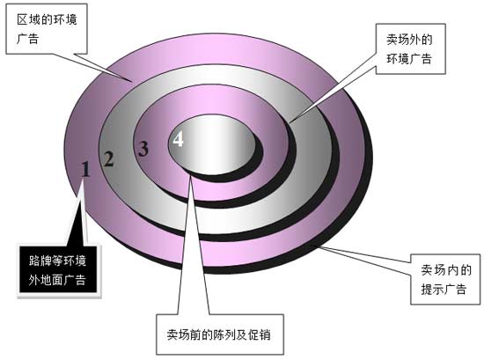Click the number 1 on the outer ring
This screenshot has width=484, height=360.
(86, 169)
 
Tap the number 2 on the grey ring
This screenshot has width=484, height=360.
(108, 159)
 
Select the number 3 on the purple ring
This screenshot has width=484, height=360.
(143, 149)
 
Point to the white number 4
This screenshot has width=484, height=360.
(178, 138)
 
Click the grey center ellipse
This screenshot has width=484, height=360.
(212, 144)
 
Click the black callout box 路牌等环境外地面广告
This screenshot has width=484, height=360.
(58, 269)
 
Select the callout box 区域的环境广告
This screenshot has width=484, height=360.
(47, 29)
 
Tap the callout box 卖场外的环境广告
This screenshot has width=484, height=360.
(410, 48)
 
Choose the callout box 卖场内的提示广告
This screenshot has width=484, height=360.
(445, 279)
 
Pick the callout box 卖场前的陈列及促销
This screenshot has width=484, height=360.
(220, 334)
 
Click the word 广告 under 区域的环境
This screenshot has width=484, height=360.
(27, 39)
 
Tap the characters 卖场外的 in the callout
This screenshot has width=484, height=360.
(409, 40)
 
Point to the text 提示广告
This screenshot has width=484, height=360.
(444, 290)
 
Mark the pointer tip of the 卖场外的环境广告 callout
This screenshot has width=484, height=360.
(289, 122)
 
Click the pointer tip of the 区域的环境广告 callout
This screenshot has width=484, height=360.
(132, 82)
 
